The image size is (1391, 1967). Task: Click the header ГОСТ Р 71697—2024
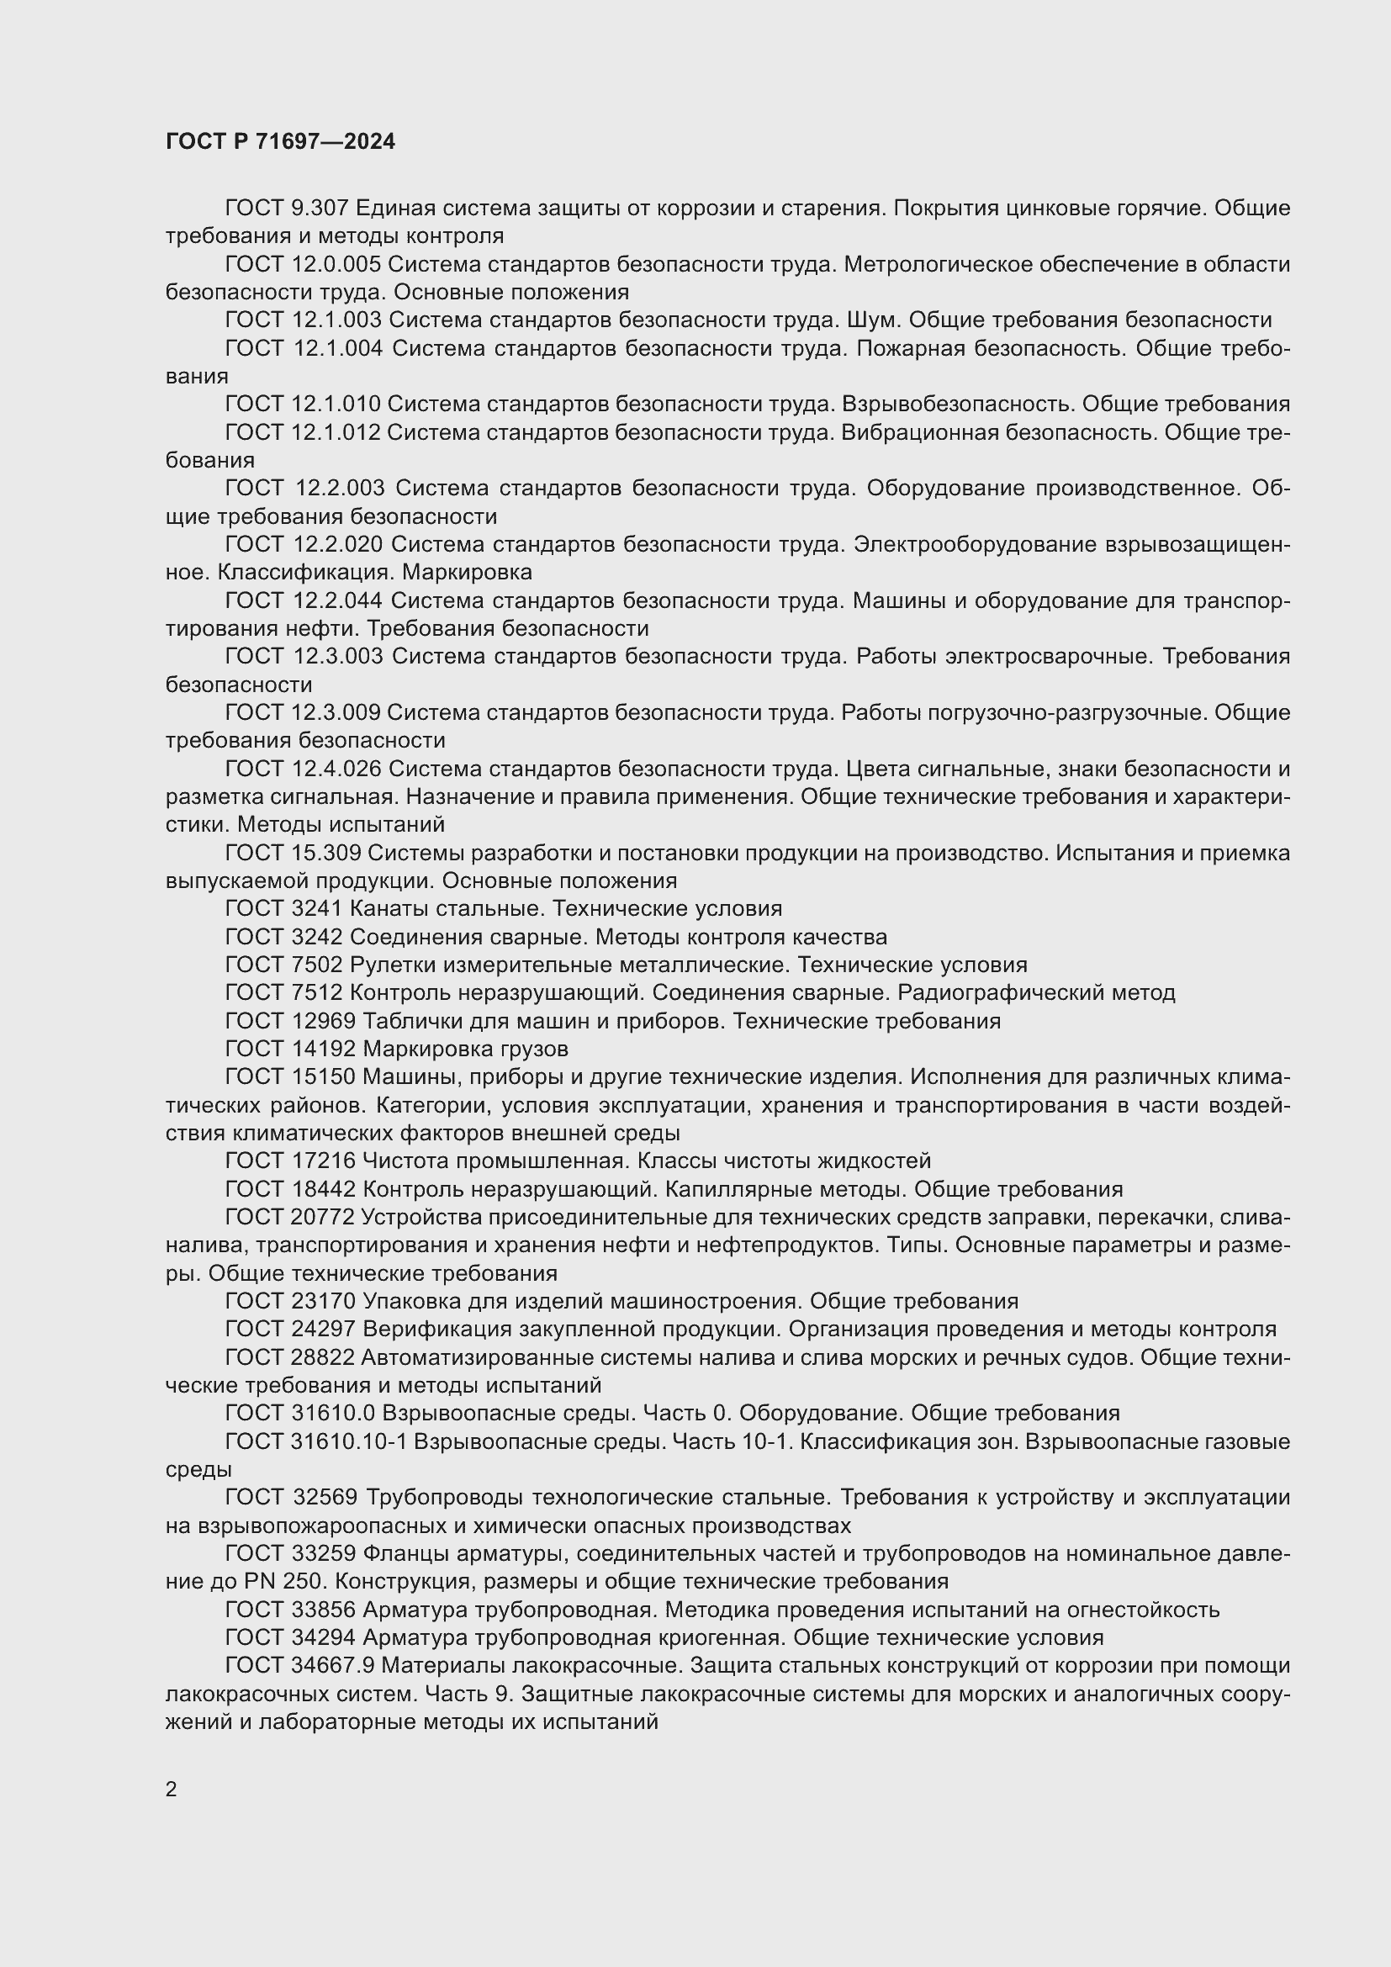click(x=280, y=142)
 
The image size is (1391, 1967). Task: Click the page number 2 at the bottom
click(x=172, y=1790)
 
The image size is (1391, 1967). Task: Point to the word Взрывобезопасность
click(x=959, y=405)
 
